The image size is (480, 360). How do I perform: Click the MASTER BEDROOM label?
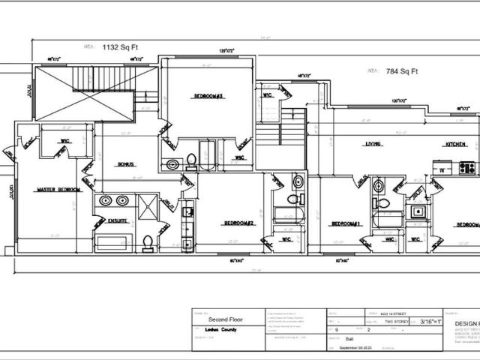[x=58, y=190]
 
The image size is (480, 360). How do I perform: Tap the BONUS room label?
[x=125, y=163]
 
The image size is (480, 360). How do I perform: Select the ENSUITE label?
[x=117, y=220]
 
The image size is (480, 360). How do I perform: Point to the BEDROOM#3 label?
[x=209, y=96]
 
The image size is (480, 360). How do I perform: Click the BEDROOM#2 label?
[x=238, y=223]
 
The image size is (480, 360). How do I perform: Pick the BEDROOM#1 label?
[x=346, y=223]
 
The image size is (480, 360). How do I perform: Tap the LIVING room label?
[x=373, y=144]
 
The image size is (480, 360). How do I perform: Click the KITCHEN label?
[x=456, y=144]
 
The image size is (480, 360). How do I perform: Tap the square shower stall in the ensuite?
[x=148, y=205]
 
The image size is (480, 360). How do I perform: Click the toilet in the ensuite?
[x=148, y=242]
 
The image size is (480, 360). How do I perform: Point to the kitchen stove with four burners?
[x=466, y=169]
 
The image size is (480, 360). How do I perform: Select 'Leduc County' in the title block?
[x=223, y=329]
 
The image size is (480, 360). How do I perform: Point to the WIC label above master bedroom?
[x=65, y=140]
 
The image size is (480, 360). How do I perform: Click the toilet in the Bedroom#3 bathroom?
[x=190, y=160]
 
